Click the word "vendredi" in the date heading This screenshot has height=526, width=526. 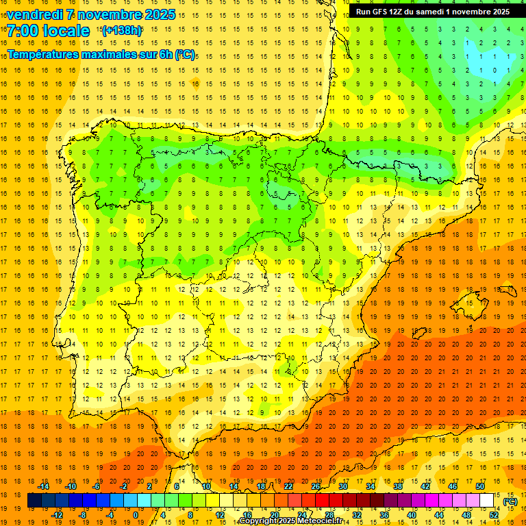(x=34, y=14)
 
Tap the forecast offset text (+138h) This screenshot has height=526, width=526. (x=122, y=31)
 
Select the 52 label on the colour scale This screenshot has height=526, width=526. (x=494, y=515)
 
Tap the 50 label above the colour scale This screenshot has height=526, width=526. (x=480, y=486)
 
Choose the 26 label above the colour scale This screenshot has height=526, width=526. (x=316, y=486)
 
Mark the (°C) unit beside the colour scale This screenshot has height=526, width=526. (x=510, y=501)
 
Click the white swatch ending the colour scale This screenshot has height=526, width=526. (x=487, y=501)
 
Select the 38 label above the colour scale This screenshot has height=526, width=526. (x=398, y=486)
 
